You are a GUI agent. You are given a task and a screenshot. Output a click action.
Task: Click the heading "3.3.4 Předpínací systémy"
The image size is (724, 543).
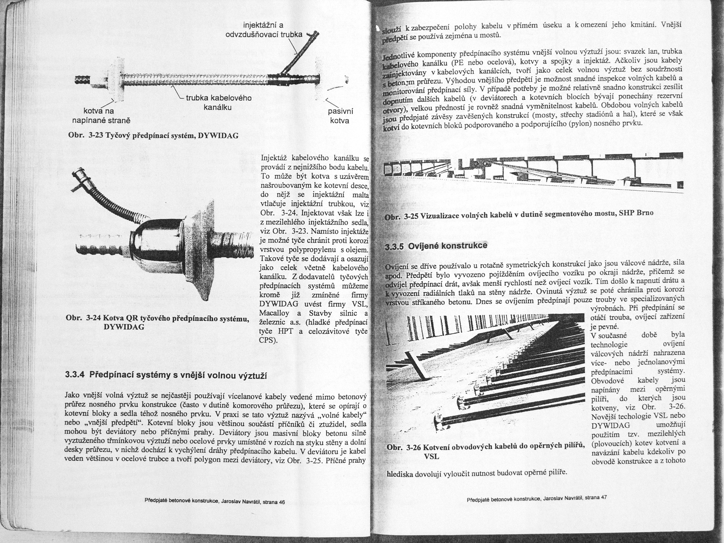click(166, 376)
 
